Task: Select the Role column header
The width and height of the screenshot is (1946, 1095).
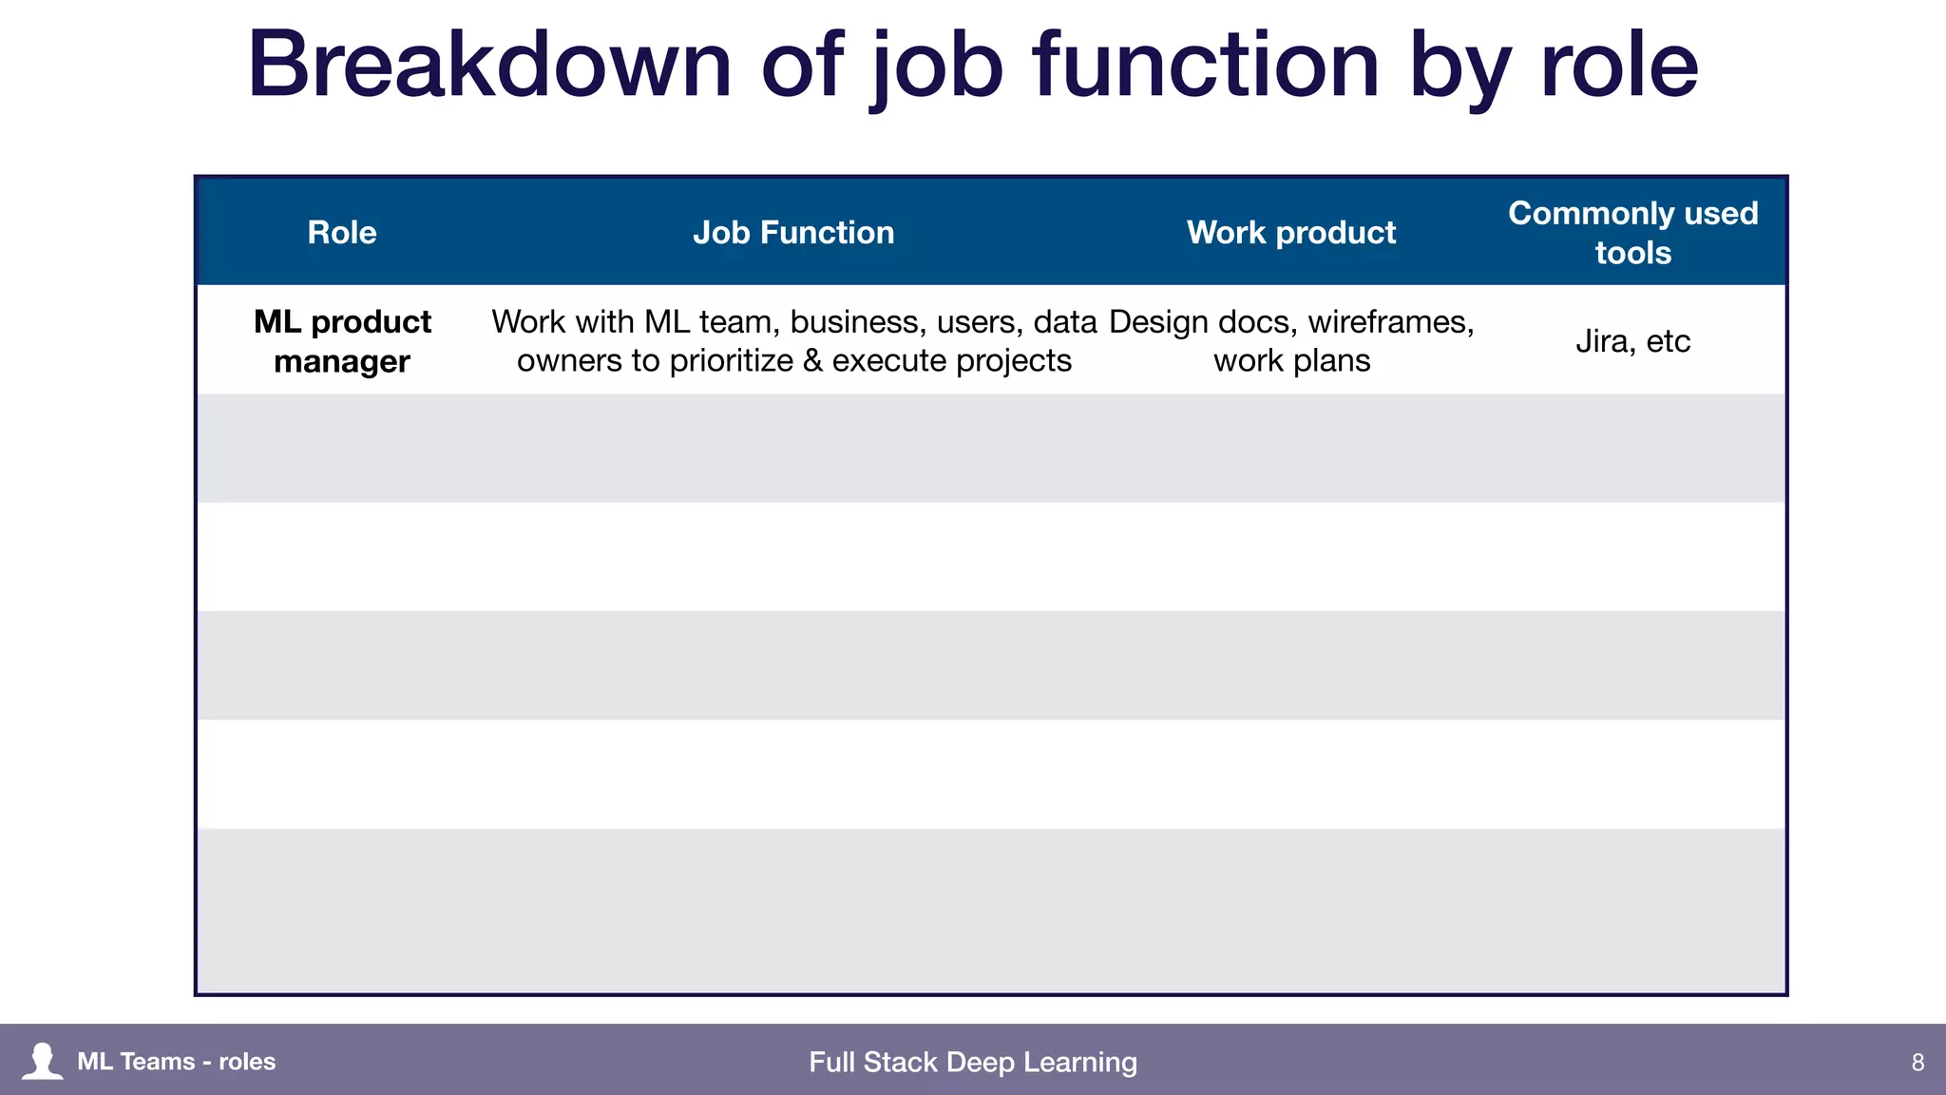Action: coord(342,233)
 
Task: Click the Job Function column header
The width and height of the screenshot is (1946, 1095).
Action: coord(793,233)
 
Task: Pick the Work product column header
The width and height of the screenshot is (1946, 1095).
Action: coord(1291,233)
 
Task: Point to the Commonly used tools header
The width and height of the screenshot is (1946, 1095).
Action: coord(1632,233)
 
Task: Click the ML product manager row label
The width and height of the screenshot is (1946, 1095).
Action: coord(342,341)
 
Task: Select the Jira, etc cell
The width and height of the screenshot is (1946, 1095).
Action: coord(1632,341)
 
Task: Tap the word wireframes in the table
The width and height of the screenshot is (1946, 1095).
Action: coord(1390,322)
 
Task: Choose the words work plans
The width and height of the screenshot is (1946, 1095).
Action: coord(1291,361)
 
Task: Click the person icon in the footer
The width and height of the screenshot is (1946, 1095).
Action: coord(43,1061)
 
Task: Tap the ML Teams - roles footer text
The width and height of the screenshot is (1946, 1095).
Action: coord(177,1062)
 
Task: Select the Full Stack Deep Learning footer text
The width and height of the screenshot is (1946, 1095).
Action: coord(973,1062)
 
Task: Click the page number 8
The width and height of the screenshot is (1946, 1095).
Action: coord(1917,1062)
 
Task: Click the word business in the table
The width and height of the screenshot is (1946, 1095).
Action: coord(858,322)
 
